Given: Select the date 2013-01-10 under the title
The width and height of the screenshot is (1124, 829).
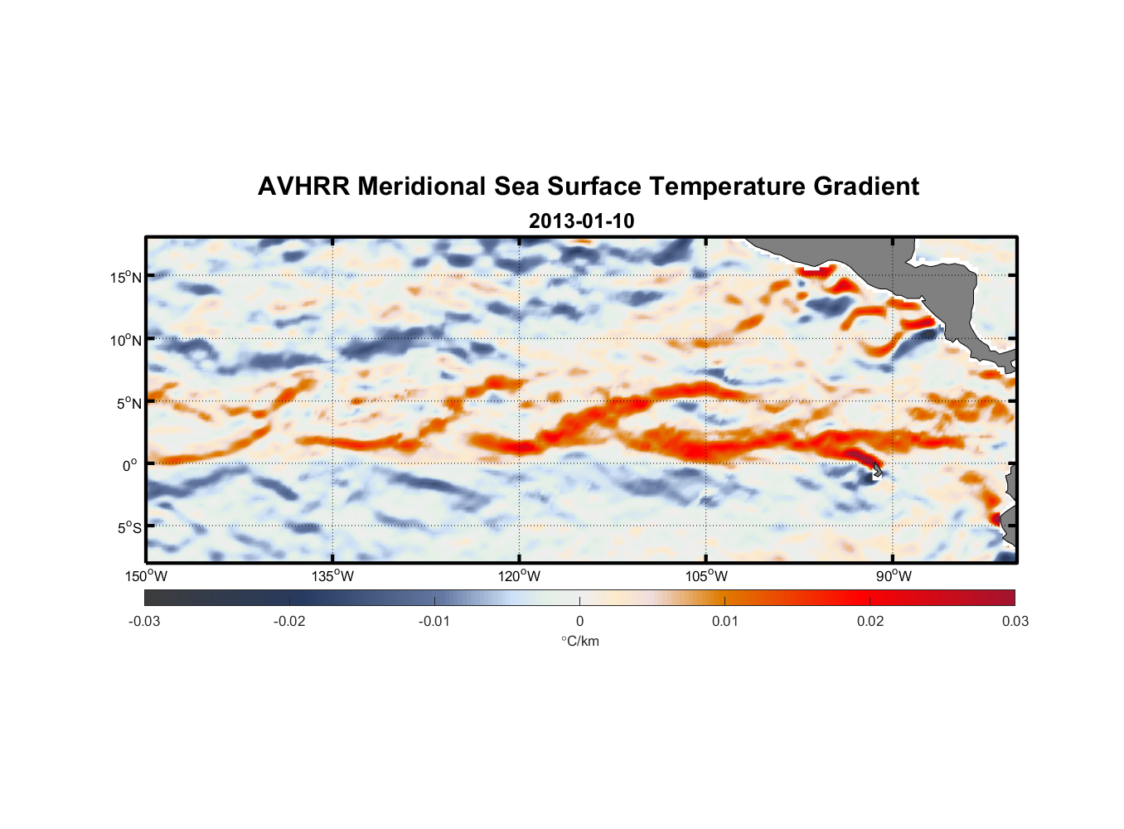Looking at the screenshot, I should (581, 221).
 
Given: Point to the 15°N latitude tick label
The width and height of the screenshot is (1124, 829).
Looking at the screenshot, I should (126, 277).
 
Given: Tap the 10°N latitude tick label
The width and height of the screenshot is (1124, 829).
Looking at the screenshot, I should (126, 340).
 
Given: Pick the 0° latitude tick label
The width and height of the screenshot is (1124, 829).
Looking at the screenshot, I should (130, 466).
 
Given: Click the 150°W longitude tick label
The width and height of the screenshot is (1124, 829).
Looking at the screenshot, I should (146, 576).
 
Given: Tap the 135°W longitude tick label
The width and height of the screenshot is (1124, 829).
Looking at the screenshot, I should (332, 576).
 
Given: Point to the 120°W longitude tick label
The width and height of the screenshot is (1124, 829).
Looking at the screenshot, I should (520, 576).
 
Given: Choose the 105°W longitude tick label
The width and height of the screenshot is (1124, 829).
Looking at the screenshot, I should (706, 576).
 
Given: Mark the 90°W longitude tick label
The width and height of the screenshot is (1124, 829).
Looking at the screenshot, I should (894, 576).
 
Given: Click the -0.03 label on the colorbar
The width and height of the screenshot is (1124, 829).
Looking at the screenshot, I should (144, 621).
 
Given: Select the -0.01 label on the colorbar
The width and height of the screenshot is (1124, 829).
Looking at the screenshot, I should (434, 621).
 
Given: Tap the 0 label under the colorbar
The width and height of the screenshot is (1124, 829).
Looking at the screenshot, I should (579, 621).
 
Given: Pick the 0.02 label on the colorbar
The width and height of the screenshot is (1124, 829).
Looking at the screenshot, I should (870, 621).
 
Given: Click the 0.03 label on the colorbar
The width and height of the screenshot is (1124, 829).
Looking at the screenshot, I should (1015, 621).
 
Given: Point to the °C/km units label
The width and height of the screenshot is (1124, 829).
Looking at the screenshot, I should (579, 641).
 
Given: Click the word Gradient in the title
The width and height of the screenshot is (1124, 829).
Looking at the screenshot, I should (866, 187).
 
